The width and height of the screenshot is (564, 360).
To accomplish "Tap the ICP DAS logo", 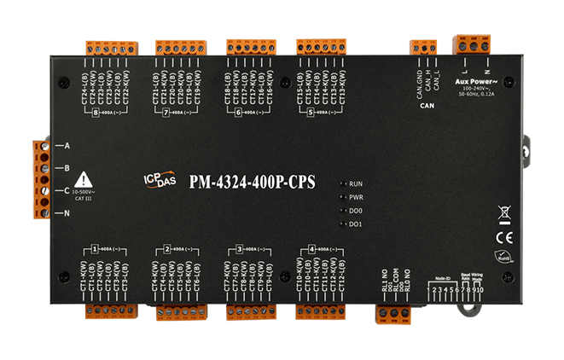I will point(159,179).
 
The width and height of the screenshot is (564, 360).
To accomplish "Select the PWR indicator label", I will point(358,196).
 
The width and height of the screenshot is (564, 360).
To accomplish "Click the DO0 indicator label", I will point(358,210).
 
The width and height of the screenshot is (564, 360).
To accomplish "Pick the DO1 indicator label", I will point(358,224).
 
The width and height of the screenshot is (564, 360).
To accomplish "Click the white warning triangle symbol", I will point(83,179).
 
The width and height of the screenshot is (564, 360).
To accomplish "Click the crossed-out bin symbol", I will point(503,214).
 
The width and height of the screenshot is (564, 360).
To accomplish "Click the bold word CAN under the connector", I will point(427,107).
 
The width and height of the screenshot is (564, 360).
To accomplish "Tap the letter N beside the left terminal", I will point(65,212).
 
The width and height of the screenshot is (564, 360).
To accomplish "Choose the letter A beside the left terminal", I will point(65,146).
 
